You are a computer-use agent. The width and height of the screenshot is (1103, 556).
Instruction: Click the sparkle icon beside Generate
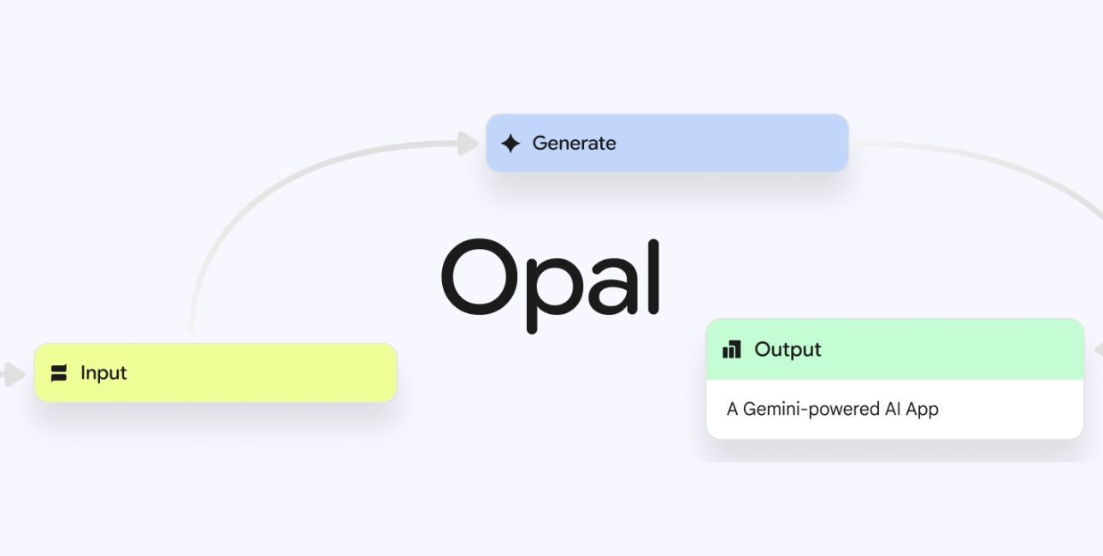coord(510,144)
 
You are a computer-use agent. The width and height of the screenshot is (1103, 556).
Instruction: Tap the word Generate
coord(574,144)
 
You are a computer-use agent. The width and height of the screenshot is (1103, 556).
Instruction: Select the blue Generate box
coord(667,143)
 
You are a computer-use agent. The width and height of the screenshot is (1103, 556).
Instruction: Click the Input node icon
coord(59,373)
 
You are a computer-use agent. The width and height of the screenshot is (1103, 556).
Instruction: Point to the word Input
coord(103,373)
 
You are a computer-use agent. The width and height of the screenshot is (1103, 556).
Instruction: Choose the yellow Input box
coord(215,373)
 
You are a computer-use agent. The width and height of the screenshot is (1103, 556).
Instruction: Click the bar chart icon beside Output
coord(731,349)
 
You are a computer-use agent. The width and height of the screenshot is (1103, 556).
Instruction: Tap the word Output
coord(787,350)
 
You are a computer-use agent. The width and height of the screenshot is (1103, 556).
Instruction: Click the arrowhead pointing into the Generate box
coord(468,144)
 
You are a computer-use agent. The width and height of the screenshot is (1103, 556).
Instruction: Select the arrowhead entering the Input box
coord(14,375)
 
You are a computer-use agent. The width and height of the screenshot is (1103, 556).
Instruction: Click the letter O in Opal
coord(480,276)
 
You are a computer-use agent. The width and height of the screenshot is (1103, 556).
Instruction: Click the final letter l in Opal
coord(653,276)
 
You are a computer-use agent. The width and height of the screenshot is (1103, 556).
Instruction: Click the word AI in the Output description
coord(893,409)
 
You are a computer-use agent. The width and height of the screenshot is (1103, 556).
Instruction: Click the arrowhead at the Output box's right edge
coord(1098,350)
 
